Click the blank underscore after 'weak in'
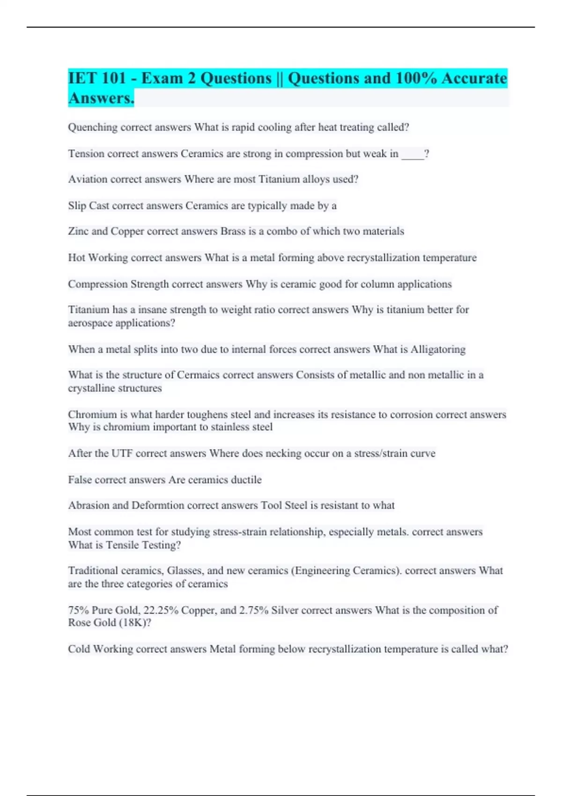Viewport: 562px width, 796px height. pos(413,155)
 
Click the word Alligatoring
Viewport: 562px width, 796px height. pos(438,349)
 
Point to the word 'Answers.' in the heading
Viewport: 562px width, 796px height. pos(101,98)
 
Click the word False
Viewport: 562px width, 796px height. pos(80,480)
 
